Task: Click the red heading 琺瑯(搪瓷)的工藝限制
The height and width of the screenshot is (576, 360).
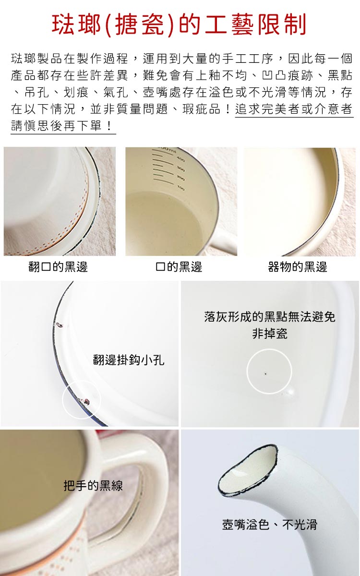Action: coord(179,25)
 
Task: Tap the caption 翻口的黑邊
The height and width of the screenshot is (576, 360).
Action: coord(58,267)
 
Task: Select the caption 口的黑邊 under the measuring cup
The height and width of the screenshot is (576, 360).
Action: coord(179,267)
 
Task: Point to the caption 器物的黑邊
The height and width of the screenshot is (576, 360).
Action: coord(298,267)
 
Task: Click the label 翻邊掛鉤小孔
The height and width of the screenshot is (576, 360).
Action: coord(129,360)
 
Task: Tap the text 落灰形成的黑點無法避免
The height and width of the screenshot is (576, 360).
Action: coord(269,317)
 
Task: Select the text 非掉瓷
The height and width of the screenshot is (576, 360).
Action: coord(269,334)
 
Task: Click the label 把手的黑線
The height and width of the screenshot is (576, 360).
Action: coord(93,485)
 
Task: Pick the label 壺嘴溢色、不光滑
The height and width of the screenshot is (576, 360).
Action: coord(269,524)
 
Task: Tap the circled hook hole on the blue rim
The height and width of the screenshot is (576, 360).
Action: coord(86,399)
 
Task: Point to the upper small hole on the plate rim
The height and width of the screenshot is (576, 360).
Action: coord(60,325)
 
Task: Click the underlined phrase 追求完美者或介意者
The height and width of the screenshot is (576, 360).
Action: coord(294,109)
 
